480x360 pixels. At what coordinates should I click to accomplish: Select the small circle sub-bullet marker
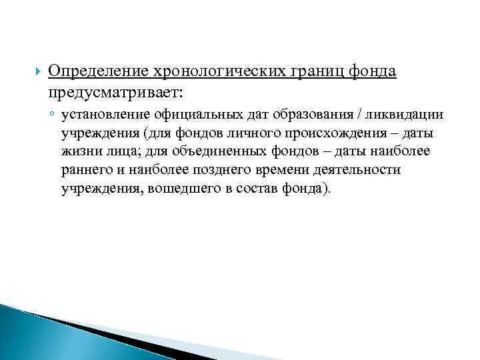point(52,115)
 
